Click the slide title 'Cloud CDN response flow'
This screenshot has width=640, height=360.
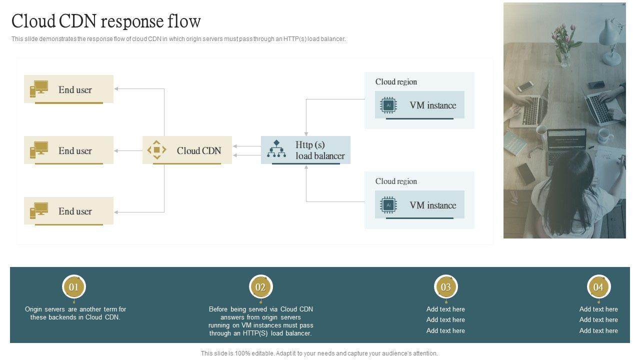tap(106, 21)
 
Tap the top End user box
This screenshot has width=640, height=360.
tap(68, 89)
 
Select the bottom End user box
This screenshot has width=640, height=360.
tap(68, 211)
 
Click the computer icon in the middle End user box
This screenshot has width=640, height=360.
tap(39, 149)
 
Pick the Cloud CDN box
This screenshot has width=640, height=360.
tap(187, 150)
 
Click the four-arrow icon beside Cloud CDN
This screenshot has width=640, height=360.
tap(156, 149)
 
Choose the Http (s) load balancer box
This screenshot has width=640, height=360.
tap(305, 150)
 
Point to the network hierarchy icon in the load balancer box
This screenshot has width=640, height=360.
tap(276, 148)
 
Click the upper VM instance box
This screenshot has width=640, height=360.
tap(419, 105)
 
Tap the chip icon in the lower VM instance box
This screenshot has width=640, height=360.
tap(388, 205)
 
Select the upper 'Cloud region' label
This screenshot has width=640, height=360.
tap(396, 81)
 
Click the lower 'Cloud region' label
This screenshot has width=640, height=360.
tap(396, 181)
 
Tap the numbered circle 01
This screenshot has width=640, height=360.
tap(73, 287)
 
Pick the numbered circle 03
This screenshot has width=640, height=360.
tap(445, 287)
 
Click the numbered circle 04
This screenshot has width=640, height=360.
tap(598, 287)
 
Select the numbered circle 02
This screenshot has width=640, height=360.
tap(260, 287)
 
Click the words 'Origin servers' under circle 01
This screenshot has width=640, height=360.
tap(45, 309)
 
